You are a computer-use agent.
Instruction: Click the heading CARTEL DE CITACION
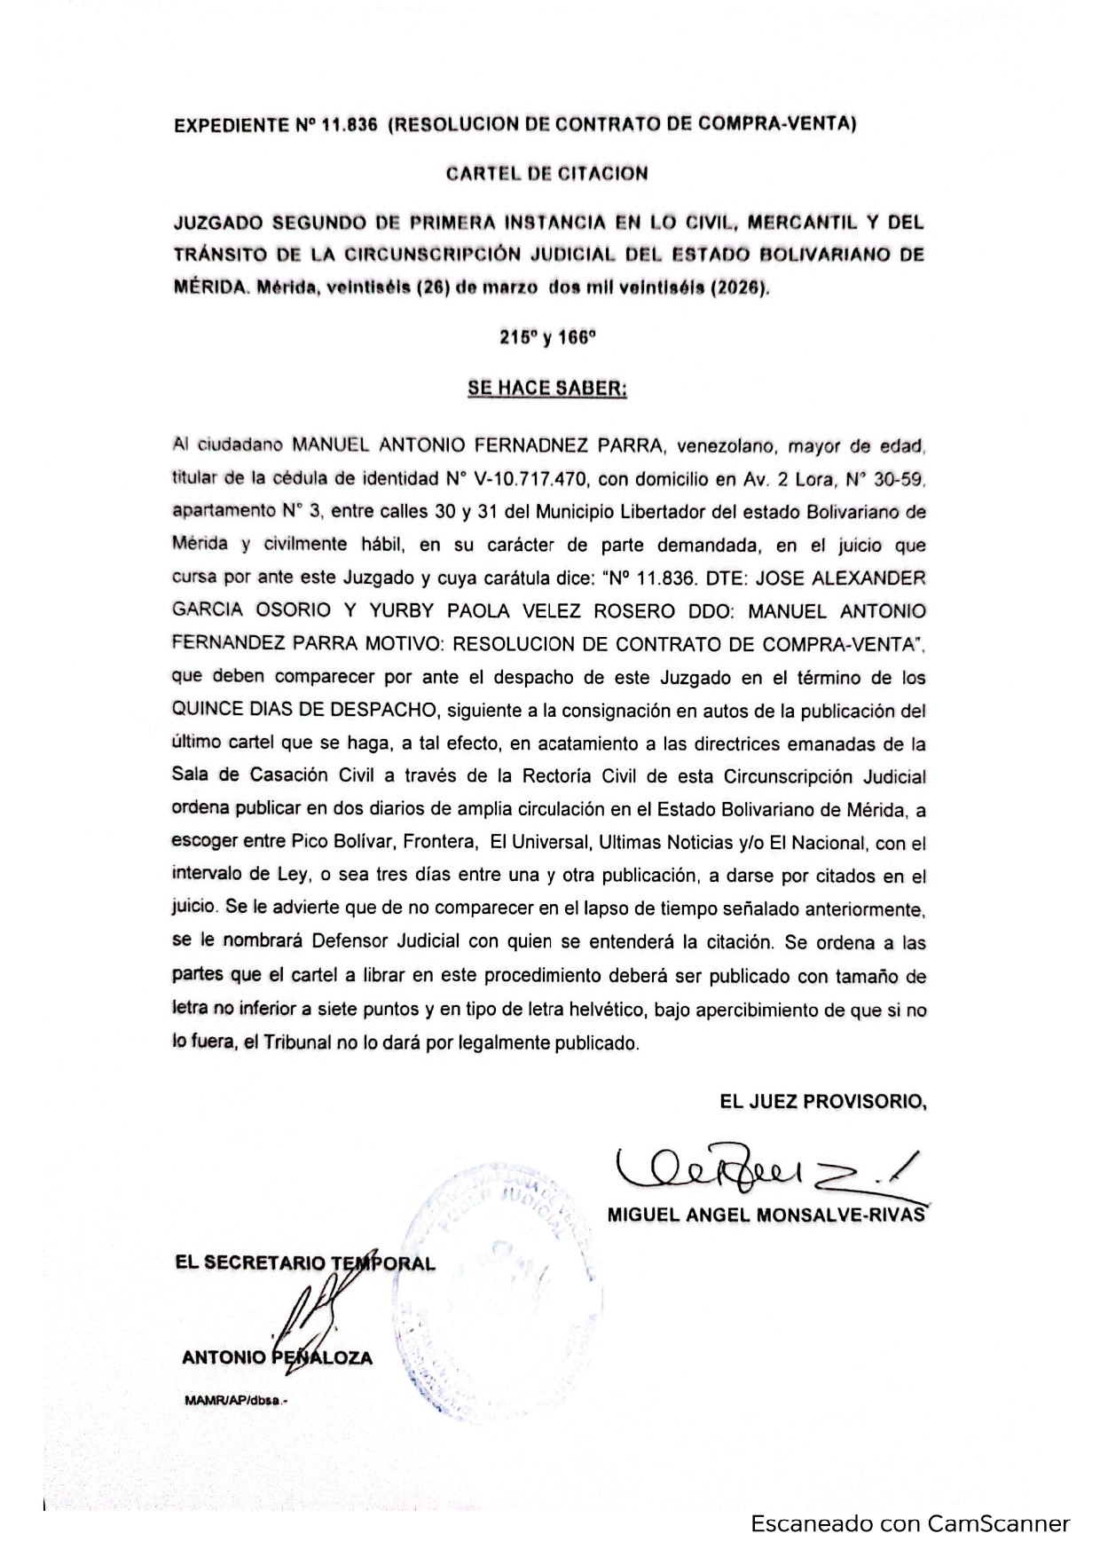point(546,174)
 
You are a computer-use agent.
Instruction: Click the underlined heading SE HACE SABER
point(547,389)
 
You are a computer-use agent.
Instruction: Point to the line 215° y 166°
point(547,338)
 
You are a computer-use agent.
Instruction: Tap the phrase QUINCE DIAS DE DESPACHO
point(305,711)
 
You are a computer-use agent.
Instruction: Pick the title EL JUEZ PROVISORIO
point(823,1102)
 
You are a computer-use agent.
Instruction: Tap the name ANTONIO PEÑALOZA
point(277,1357)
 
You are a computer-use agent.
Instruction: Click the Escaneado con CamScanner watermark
point(910,1524)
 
